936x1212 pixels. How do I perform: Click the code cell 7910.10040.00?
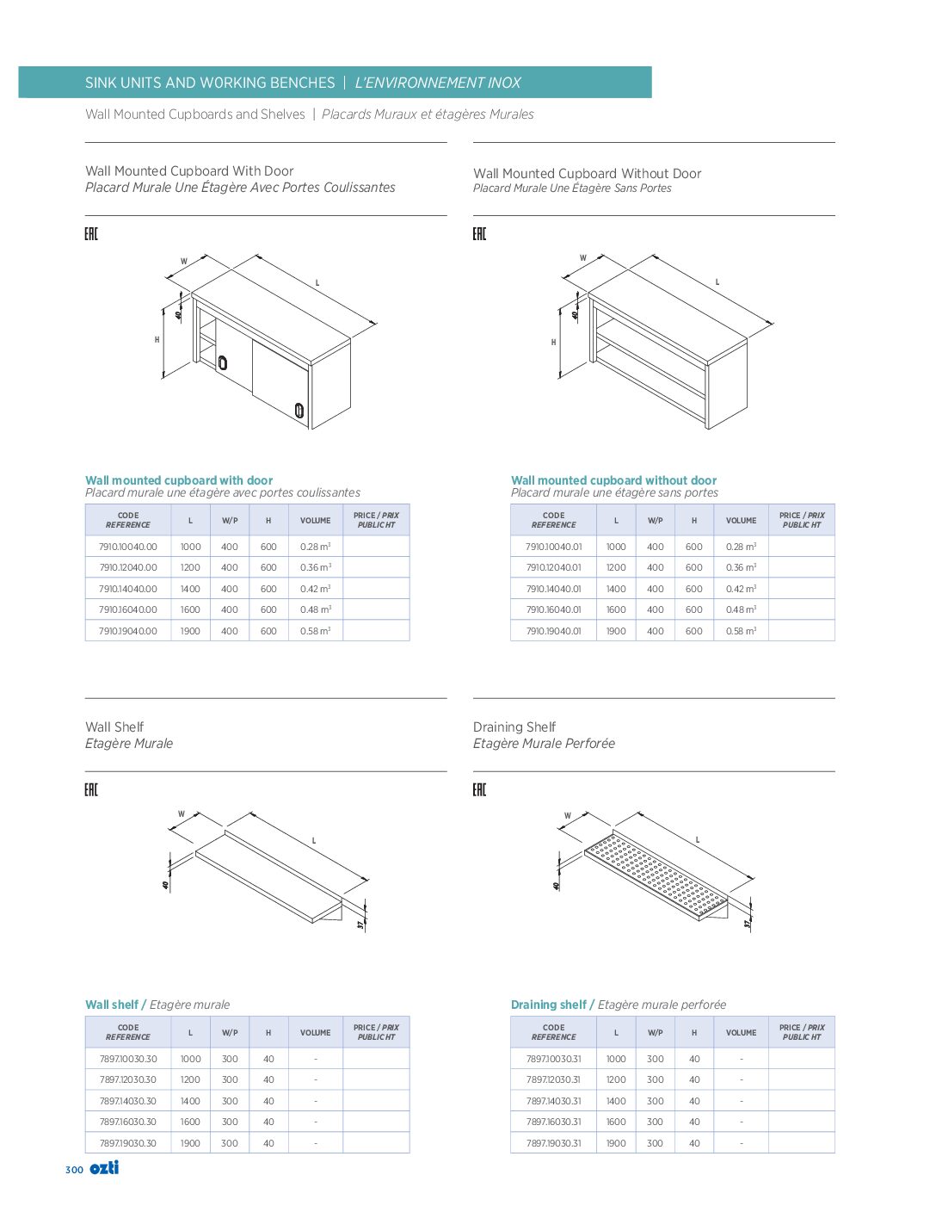coord(127,547)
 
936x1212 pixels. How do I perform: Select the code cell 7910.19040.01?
coord(553,631)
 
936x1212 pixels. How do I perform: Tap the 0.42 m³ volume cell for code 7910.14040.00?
coord(315,589)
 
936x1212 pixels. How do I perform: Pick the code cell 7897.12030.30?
coord(127,1079)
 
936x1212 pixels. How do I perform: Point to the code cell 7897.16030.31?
coord(553,1122)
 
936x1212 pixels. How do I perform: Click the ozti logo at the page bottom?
coord(104,1168)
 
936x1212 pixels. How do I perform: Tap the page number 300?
coord(74,1170)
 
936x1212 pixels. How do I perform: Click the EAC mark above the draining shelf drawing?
coord(479,789)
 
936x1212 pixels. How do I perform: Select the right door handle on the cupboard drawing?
coord(299,411)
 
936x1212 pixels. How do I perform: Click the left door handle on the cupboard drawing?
coord(222,362)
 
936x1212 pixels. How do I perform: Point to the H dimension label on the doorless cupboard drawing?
coord(553,343)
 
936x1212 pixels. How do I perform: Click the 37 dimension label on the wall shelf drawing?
coord(362,924)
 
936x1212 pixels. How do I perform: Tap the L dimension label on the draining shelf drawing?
coord(697,840)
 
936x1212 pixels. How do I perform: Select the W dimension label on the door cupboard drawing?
coord(183,262)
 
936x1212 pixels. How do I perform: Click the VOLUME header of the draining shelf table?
coord(741,1032)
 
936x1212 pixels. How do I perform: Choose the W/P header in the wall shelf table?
coord(230,1032)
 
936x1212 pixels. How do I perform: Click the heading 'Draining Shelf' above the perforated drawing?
coord(514,727)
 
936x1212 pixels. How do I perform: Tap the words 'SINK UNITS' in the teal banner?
coord(123,83)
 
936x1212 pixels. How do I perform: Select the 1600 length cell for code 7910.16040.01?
coord(616,609)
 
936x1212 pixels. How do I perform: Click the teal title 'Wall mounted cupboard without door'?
coord(613,480)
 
